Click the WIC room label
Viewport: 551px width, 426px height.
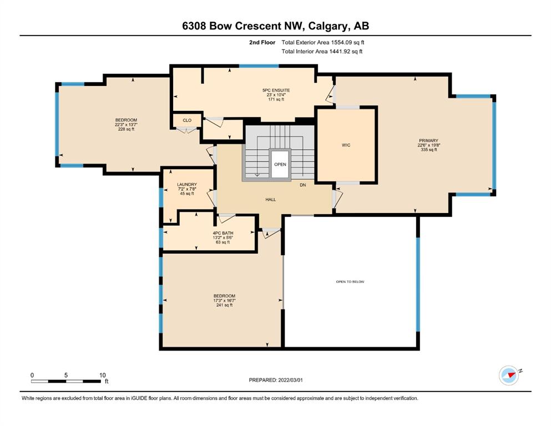pyautogui.click(x=346, y=145)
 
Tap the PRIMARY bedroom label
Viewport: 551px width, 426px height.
pyautogui.click(x=428, y=140)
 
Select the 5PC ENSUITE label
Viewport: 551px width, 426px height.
pyautogui.click(x=276, y=90)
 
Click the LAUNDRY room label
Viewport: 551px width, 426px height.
pyautogui.click(x=187, y=184)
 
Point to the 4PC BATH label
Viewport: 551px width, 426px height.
pyautogui.click(x=223, y=233)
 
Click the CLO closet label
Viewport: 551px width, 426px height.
pyautogui.click(x=187, y=120)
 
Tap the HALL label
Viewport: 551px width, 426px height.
pyautogui.click(x=271, y=200)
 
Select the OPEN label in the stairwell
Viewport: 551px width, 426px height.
pyautogui.click(x=280, y=164)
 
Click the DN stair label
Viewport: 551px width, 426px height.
pyautogui.click(x=303, y=185)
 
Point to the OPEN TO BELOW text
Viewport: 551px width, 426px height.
pyautogui.click(x=350, y=282)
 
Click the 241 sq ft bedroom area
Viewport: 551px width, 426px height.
pyautogui.click(x=224, y=305)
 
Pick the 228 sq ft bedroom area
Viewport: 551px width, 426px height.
pyautogui.click(x=126, y=129)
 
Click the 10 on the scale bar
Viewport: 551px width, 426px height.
pyautogui.click(x=103, y=375)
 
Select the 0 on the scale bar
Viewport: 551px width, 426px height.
pyautogui.click(x=32, y=375)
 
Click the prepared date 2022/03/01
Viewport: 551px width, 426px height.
pyautogui.click(x=290, y=380)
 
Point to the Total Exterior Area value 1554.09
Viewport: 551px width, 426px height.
pyautogui.click(x=342, y=43)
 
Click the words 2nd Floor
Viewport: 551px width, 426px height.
pyautogui.click(x=262, y=43)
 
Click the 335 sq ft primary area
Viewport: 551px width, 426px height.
pyautogui.click(x=429, y=150)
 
